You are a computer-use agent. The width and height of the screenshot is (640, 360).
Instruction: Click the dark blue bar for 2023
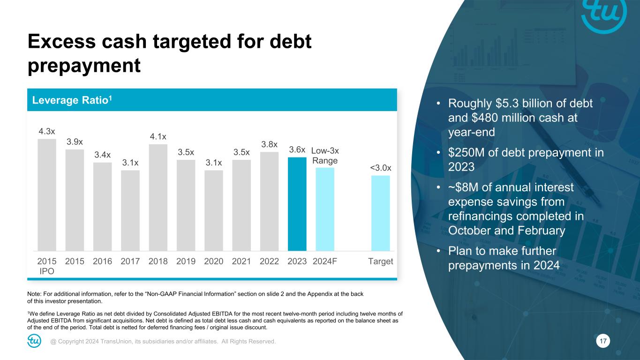(297, 204)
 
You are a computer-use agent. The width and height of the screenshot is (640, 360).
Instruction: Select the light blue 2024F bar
(325, 209)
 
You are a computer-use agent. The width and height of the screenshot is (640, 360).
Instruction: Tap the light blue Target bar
(380, 213)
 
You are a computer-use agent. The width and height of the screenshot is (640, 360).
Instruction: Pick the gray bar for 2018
(158, 197)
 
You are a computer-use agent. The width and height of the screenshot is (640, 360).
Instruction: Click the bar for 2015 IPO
(47, 195)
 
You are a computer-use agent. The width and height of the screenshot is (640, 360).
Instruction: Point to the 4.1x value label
(158, 136)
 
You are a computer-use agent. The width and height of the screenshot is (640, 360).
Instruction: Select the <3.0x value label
(380, 168)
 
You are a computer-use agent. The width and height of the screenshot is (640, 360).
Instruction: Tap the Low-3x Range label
(325, 155)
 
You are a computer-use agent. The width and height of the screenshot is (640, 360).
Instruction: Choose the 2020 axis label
(213, 261)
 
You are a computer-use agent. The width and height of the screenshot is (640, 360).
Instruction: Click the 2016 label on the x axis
(102, 261)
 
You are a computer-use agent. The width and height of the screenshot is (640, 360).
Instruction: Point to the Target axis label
(380, 261)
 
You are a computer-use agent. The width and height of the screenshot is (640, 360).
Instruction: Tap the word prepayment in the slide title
(84, 65)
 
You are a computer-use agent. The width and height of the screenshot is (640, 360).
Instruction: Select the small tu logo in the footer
(34, 341)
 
